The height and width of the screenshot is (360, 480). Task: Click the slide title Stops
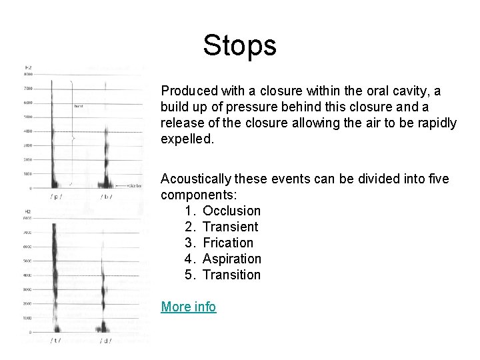click(x=239, y=46)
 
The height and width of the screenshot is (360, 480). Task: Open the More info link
click(x=188, y=307)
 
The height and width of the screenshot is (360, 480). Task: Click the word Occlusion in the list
click(x=231, y=211)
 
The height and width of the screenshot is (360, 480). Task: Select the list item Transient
click(x=230, y=227)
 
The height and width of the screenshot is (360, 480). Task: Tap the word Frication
click(x=228, y=243)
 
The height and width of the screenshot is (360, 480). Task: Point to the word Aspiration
click(x=231, y=259)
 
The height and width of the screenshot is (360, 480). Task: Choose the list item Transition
click(x=231, y=275)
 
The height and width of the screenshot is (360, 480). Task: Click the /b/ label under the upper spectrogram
click(x=106, y=197)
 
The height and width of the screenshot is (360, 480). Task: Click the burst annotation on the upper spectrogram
click(x=79, y=106)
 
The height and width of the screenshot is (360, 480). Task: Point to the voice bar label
click(x=129, y=185)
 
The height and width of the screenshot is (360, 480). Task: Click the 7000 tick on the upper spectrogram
click(x=28, y=88)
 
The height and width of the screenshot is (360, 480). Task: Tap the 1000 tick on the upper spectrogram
click(x=28, y=174)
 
